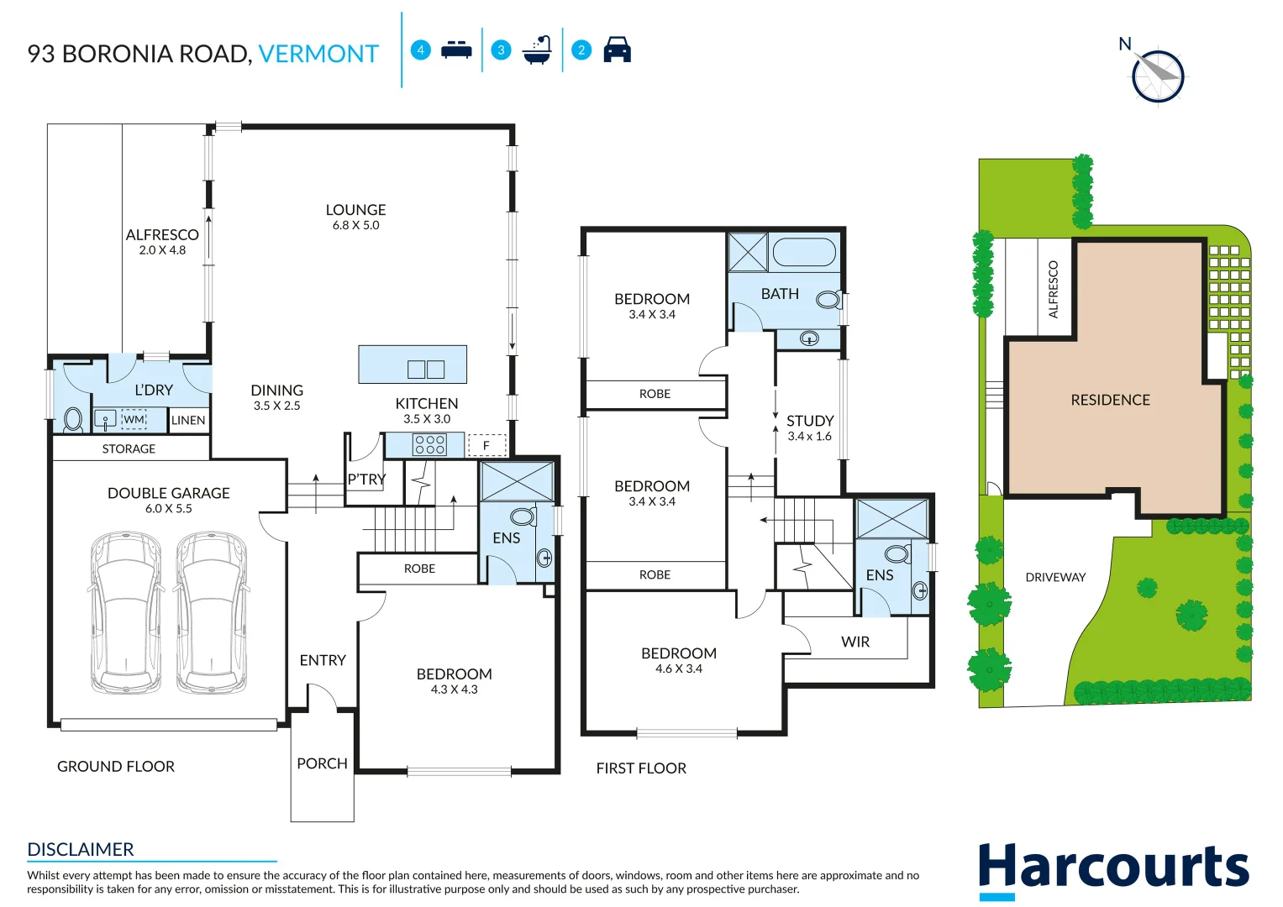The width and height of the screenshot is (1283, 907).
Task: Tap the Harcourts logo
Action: pos(1113,868)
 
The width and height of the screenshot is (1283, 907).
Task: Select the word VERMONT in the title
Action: pos(318,54)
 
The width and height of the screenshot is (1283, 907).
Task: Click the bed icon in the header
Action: pos(456,50)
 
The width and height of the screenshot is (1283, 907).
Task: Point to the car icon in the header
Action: pos(617,50)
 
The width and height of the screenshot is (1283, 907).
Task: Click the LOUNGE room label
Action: pos(355,210)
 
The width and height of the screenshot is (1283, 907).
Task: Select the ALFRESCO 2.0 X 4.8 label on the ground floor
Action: pos(162,242)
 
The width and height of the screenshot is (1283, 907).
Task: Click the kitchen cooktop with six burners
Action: pos(429,444)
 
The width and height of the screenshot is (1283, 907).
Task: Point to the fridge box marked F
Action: pos(486,445)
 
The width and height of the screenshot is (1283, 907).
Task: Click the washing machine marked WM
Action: pos(134,419)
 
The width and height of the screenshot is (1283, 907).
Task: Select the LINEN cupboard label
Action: pos(188,420)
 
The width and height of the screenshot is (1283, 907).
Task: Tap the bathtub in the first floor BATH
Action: pos(804,252)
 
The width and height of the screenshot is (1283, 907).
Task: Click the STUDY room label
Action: pos(810,421)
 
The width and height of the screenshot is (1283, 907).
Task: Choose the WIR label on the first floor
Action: pos(855,642)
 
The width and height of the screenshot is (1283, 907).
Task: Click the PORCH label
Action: pos(322,763)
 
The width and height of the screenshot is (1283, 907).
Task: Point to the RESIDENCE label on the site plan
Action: pos(1110,400)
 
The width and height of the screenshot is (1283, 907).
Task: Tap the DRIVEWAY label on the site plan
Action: pos(1055,577)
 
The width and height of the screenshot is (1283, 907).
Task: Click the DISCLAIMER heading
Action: pos(81,849)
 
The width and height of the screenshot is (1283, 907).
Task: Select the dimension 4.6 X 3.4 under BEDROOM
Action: pos(679,668)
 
